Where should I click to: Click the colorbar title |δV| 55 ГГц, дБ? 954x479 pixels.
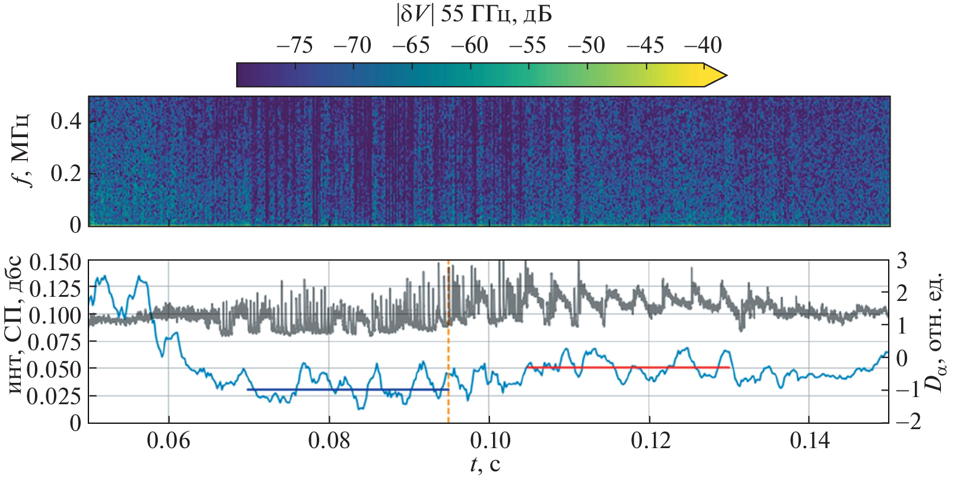tap(473, 15)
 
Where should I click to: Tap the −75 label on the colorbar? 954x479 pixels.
tap(294, 45)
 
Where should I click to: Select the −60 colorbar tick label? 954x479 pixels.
tap(469, 45)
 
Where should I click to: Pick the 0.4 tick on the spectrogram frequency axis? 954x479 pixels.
tap(66, 122)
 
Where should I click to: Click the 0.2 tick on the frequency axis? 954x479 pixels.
tap(66, 174)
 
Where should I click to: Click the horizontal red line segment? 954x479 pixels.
tap(628, 367)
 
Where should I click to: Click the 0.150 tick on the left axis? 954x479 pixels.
tap(55, 262)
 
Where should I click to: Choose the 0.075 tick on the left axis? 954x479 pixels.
tap(55, 342)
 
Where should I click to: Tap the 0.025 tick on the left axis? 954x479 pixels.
tap(55, 396)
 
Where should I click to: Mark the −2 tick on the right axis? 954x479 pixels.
tap(908, 421)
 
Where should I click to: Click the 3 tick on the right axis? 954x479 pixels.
tap(902, 261)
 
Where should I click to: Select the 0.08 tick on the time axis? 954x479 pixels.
tap(329, 440)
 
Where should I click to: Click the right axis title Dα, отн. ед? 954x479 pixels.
tap(936, 332)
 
